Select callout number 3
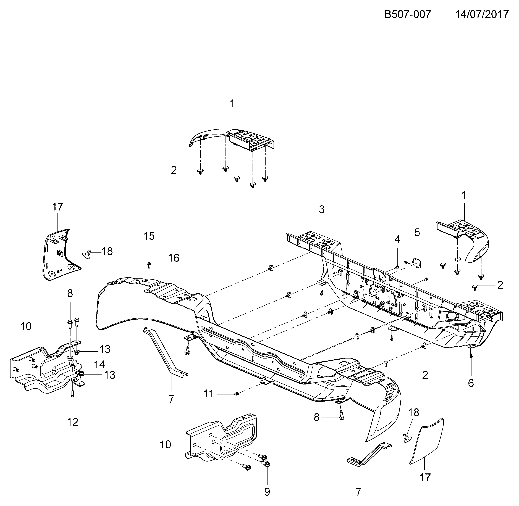point(322,210)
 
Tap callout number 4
point(397,239)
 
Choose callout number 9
point(267,492)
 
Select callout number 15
point(149,236)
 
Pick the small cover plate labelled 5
point(417,263)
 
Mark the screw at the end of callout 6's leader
point(471,356)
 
